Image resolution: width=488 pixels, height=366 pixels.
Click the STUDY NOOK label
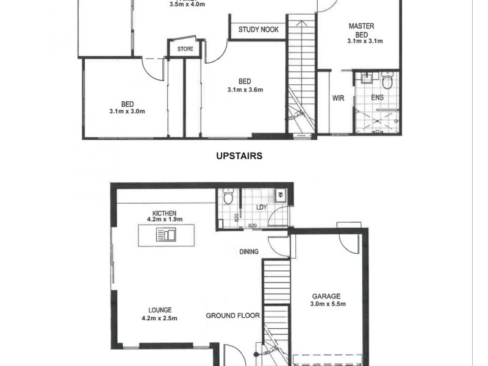click(259, 29)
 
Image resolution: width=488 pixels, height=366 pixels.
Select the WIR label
click(339, 98)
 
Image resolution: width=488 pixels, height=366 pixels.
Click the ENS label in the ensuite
click(377, 97)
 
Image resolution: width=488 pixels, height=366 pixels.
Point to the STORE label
click(185, 49)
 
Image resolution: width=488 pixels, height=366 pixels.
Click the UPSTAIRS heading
click(239, 156)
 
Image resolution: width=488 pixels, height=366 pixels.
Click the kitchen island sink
click(165, 235)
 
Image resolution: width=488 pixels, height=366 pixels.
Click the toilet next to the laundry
click(228, 196)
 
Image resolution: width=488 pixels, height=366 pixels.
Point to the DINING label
click(249, 251)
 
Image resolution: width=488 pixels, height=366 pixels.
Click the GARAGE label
click(326, 296)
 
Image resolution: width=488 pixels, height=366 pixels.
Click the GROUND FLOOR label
click(232, 316)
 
